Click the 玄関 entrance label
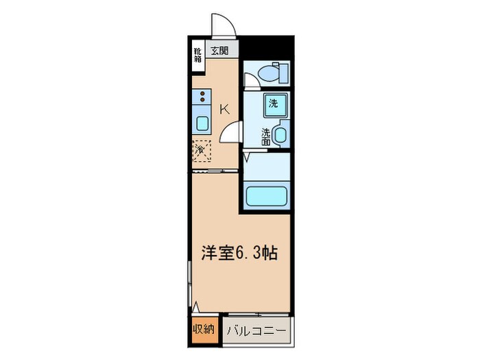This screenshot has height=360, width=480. tap(219, 50)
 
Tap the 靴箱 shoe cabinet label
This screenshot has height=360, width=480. tap(197, 54)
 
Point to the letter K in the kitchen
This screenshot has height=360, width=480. tap(224, 108)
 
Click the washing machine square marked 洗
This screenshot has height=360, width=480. tap(273, 104)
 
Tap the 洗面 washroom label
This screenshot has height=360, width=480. tap(265, 134)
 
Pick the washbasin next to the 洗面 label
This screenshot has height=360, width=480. tap(280, 134)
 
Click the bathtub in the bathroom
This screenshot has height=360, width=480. tap(267, 195)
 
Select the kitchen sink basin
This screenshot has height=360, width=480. tap(203, 123)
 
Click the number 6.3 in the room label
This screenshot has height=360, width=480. tap(249, 253)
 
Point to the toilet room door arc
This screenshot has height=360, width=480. tap(251, 81)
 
